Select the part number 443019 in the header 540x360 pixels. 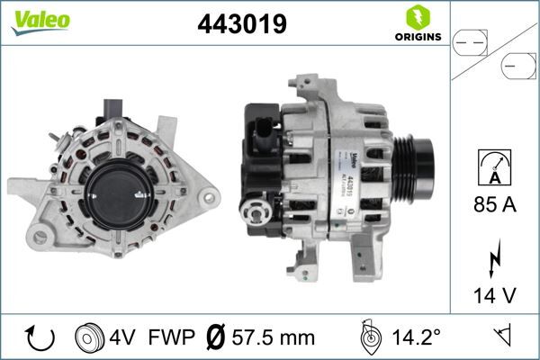click(241, 24)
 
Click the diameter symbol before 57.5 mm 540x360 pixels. click(216, 338)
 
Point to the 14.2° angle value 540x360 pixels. click(417, 338)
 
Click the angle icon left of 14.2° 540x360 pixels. click(369, 338)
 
